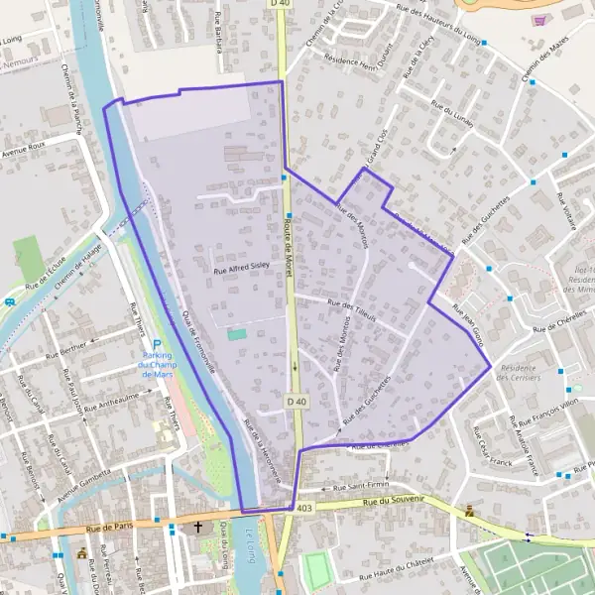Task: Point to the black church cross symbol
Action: coord(197,528)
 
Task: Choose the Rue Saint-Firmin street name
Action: coord(359,486)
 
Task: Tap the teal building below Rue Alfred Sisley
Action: coord(236,334)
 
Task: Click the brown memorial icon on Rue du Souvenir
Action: coord(468,512)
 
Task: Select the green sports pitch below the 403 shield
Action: coord(316,569)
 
